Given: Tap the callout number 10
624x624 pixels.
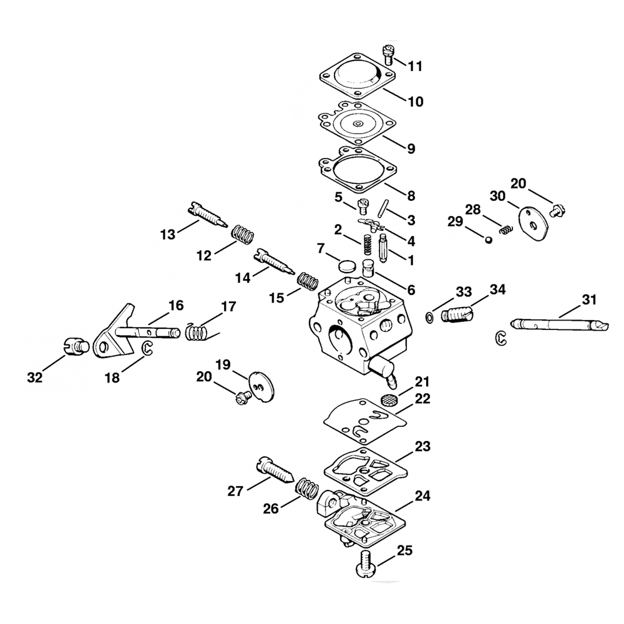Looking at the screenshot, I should (416, 101).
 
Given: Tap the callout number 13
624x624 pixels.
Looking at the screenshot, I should (168, 234).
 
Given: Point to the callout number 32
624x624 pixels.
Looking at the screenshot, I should (35, 377).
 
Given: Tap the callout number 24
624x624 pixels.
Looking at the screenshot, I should (422, 496).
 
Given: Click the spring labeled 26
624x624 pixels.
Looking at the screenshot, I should (306, 488).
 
